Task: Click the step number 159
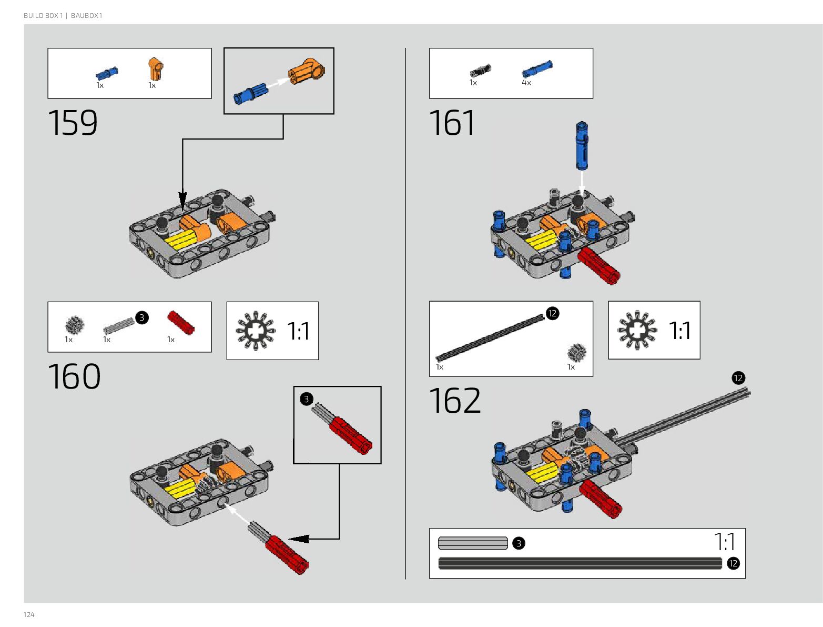pos(73,123)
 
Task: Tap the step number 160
pos(74,377)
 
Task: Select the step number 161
pos(452,123)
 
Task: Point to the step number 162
pos(455,401)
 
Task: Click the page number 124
pos(29,614)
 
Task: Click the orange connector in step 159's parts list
pos(155,69)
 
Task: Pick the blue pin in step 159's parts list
pos(107,74)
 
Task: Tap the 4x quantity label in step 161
pos(526,83)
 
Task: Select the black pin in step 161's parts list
pos(480,71)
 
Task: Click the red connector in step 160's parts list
pos(180,323)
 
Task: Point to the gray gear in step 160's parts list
pos(75,325)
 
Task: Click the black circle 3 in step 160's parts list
pos(141,317)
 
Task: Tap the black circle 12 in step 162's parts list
pos(552,313)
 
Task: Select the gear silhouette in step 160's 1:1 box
pos(256,331)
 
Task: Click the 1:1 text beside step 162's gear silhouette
pos(679,331)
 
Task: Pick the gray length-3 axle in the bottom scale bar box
pos(472,543)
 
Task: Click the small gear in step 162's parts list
pos(577,352)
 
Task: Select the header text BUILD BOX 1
pos(43,16)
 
